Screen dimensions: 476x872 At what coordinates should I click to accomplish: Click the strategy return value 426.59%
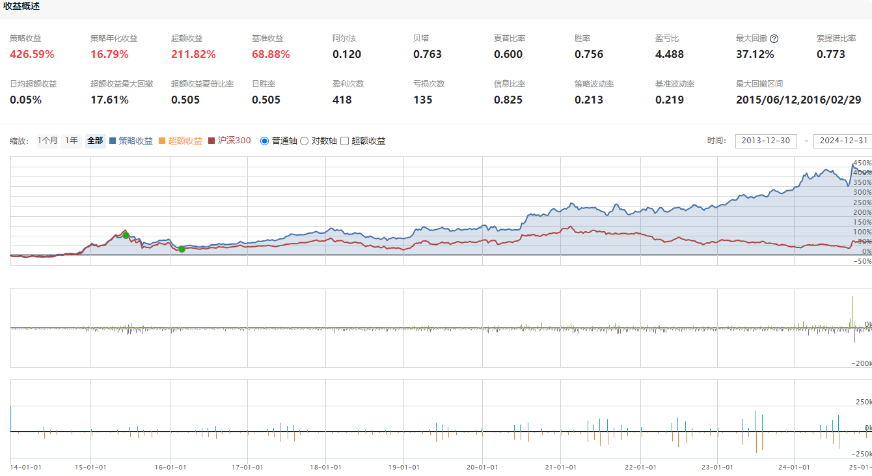tap(32, 54)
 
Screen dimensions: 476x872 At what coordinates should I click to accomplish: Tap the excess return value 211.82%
tap(193, 54)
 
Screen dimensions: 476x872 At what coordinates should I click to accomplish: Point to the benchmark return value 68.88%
tap(271, 54)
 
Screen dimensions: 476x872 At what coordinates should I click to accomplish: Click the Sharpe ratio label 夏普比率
tap(510, 38)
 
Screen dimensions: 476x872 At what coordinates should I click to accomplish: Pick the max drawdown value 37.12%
tap(755, 54)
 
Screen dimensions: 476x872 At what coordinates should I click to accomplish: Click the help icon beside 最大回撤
tap(774, 38)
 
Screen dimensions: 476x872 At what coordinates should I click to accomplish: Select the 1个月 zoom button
tap(48, 141)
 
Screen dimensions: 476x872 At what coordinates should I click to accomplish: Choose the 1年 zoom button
tap(72, 141)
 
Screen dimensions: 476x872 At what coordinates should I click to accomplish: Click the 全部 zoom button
tap(95, 141)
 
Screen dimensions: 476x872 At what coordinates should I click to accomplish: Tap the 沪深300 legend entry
tap(230, 141)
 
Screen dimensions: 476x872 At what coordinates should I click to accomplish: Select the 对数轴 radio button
tap(304, 141)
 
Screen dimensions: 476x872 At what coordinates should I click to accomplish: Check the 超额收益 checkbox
tap(345, 141)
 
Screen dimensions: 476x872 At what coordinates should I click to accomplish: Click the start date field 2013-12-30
tap(765, 141)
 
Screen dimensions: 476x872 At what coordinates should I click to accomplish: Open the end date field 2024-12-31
tap(843, 141)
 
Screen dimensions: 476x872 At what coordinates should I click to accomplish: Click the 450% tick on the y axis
tap(862, 163)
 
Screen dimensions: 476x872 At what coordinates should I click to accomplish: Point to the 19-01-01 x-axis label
tap(403, 467)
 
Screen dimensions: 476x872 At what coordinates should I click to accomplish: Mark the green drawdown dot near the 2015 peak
tap(126, 235)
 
